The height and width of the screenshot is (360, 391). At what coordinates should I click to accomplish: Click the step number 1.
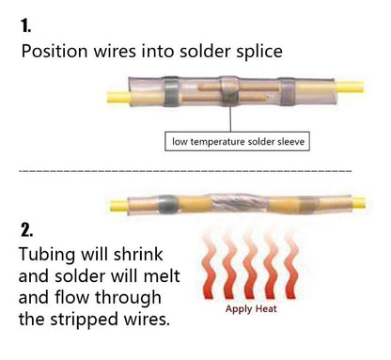coord(25,25)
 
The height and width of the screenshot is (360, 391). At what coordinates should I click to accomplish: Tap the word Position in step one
coord(55,51)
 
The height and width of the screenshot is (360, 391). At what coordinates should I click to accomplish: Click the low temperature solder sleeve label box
coord(238,142)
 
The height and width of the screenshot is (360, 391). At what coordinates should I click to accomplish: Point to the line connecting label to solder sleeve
coord(230,119)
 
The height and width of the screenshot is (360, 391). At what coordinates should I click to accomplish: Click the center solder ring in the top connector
coord(230,91)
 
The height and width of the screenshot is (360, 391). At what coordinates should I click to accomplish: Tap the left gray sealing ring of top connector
coord(171,91)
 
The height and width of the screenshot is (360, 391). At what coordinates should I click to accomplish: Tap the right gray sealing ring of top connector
coord(288,91)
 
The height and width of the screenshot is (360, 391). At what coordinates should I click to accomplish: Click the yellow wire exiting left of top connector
coord(118,97)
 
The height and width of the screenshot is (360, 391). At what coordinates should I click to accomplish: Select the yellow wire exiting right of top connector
coord(350,86)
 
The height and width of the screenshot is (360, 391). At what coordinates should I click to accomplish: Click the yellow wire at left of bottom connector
coord(118,206)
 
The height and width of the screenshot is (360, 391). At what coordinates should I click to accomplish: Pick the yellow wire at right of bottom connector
coord(359,202)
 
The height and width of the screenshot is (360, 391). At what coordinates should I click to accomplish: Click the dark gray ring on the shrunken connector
coord(166,205)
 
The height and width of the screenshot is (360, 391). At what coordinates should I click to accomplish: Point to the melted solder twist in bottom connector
coord(240,203)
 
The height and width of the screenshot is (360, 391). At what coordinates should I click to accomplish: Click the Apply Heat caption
coord(251,309)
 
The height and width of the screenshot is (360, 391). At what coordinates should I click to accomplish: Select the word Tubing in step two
coord(47,255)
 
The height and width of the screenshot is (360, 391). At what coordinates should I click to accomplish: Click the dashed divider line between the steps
coord(185,171)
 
